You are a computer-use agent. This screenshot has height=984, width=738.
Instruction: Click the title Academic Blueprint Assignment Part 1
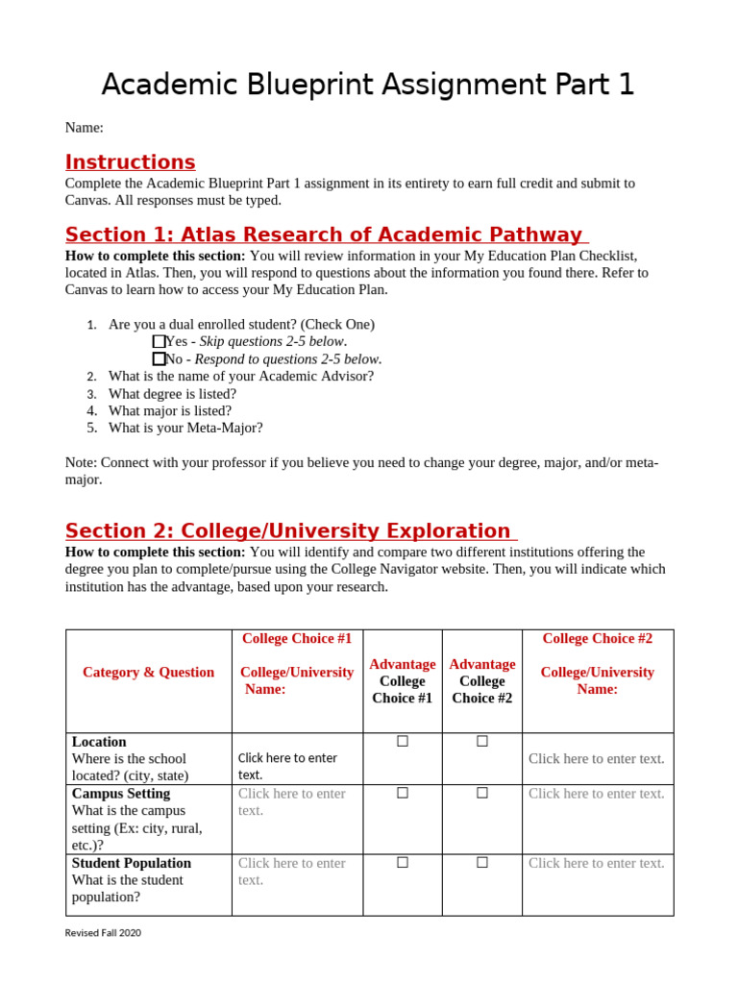point(368,85)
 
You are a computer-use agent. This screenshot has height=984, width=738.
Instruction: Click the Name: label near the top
point(84,128)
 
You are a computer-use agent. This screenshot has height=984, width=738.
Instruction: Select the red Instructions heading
point(130,162)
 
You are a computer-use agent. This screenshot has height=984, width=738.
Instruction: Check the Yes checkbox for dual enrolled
point(159,341)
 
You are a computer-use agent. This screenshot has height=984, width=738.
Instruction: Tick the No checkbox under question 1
point(159,358)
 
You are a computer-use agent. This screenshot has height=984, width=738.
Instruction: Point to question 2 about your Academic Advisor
point(240,376)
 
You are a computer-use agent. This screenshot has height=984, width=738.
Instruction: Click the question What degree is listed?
point(172,393)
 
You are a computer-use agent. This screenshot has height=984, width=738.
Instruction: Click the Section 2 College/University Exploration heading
point(288,530)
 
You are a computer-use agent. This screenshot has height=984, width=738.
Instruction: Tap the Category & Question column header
point(148,672)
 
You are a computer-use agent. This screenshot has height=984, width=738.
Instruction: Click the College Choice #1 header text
point(297,638)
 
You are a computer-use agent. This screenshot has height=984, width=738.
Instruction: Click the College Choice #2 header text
point(597,638)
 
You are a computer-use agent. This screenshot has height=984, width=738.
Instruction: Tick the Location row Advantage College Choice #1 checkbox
point(403,741)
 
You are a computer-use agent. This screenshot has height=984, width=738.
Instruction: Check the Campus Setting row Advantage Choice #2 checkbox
point(482,793)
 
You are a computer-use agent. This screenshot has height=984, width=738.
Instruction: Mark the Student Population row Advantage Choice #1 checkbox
point(403,863)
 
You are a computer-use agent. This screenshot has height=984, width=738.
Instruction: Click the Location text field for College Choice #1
point(287,766)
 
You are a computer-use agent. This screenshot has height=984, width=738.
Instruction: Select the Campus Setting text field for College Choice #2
point(596,793)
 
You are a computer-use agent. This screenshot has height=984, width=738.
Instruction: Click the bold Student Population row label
point(132,863)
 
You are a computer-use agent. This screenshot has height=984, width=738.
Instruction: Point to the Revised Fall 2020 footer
point(103,932)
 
